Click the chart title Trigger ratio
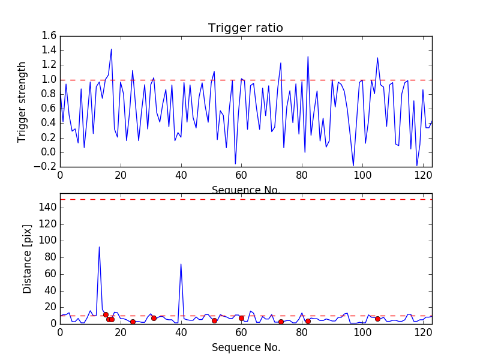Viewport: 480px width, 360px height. click(245, 28)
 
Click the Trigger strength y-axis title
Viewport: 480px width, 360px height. click(22, 101)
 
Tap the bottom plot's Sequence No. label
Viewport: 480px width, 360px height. click(245, 347)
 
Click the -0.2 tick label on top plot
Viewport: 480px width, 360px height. click(47, 166)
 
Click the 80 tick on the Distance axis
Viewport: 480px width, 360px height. click(50, 257)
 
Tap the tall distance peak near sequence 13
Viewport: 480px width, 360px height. click(99, 247)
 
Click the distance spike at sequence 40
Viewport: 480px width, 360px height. click(181, 264)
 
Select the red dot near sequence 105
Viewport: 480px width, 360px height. click(377, 319)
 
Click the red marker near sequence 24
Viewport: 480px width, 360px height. click(133, 322)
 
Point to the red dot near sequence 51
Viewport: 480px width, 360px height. click(214, 320)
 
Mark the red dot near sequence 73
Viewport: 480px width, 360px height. click(281, 322)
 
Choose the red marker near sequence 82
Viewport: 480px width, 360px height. click(308, 321)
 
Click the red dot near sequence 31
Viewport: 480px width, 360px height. click(154, 318)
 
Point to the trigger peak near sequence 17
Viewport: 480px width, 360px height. click(111, 49)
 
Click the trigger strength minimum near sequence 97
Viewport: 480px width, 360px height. click(353, 166)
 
